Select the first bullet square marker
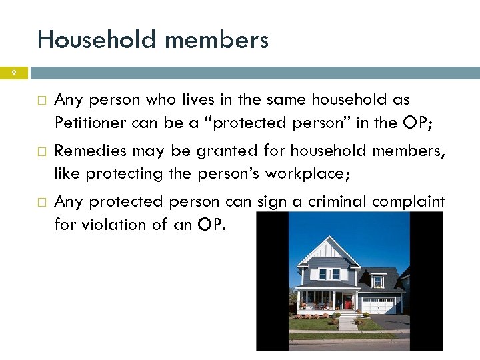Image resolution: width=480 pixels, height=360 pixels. tap(42, 101)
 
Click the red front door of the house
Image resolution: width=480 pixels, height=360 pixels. tap(347, 301)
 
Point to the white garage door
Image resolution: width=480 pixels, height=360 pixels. tap(378, 305)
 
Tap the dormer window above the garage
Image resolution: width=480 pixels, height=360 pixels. tap(378, 281)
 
